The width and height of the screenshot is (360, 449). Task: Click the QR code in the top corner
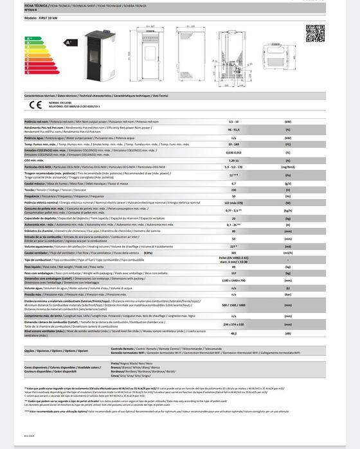pyautogui.click(x=314, y=33)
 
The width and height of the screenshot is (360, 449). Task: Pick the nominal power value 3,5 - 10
pyautogui.click(x=234, y=121)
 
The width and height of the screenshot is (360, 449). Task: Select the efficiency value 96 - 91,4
pyautogui.click(x=234, y=129)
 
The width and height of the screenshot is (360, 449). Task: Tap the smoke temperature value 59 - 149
pyautogui.click(x=234, y=145)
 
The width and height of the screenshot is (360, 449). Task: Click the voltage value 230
pyautogui.click(x=234, y=189)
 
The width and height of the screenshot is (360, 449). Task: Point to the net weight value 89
pyautogui.click(x=234, y=266)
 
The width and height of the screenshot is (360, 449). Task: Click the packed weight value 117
pyautogui.click(x=234, y=273)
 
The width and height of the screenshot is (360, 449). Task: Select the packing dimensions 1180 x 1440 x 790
pyautogui.click(x=234, y=281)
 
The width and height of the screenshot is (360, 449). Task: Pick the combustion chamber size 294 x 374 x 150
pyautogui.click(x=234, y=326)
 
